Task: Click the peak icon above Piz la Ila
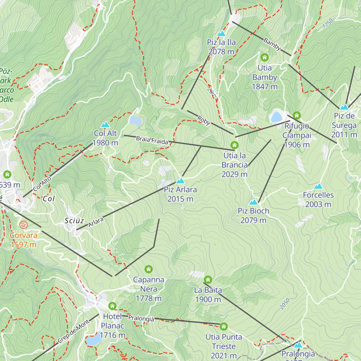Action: [221, 33]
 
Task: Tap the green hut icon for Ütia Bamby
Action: [264, 57]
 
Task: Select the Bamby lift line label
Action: [272, 44]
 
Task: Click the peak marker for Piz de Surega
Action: [344, 107]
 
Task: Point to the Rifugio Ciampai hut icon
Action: [297, 115]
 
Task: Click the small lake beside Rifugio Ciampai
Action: [276, 117]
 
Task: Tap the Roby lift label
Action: [204, 120]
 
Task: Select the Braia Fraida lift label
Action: [152, 140]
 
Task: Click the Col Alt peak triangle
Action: [105, 125]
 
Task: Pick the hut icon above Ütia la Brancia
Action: [234, 145]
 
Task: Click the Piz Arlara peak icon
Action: [180, 181]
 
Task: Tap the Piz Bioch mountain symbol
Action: [254, 202]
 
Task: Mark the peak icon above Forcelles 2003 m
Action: [318, 186]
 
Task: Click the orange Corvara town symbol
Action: [23, 225]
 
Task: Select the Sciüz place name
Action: [74, 221]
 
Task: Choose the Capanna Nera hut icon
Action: [149, 269]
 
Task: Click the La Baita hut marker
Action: [208, 279]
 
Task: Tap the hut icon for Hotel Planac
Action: [112, 306]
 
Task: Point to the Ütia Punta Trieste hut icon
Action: [224, 326]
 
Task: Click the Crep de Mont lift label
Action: [74, 331]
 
